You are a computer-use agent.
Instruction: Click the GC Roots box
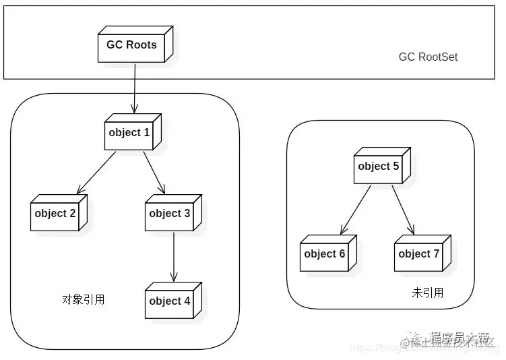(132, 46)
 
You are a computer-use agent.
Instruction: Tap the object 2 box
(57, 214)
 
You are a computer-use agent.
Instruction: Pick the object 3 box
(170, 214)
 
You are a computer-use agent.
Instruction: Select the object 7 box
(420, 254)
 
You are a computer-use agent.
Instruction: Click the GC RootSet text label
(428, 57)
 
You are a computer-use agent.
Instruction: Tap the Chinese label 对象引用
(83, 299)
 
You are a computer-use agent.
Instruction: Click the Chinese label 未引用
(427, 293)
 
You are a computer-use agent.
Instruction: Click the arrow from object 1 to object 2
(97, 173)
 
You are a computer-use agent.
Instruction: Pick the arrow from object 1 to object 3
(154, 173)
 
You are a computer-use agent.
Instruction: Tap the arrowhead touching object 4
(173, 276)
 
